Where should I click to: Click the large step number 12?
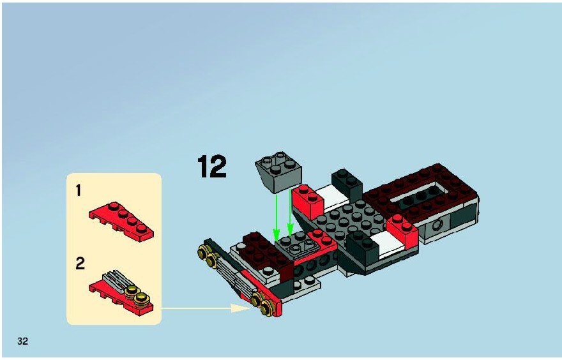(212, 166)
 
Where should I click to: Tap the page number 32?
(22, 341)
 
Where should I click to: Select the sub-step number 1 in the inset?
(79, 191)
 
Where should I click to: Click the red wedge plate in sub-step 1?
(122, 220)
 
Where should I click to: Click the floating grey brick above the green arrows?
(278, 172)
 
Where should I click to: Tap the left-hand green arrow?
(277, 218)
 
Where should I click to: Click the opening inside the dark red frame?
(420, 197)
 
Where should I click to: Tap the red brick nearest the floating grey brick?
(307, 200)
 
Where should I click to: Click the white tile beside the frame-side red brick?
(389, 244)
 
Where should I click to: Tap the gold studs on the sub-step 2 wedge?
(138, 293)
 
